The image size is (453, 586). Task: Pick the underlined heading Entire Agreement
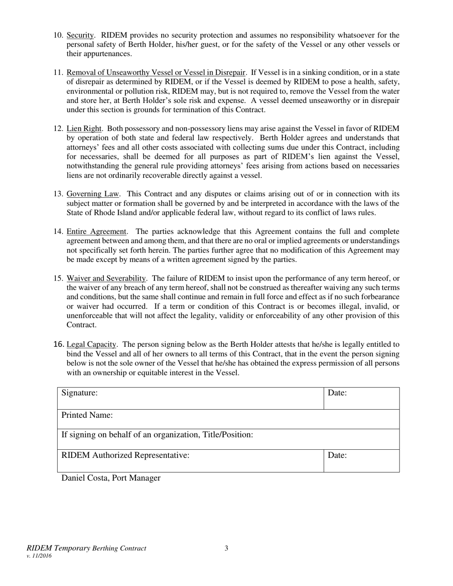pos(96,232)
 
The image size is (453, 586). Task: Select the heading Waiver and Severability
pos(106,278)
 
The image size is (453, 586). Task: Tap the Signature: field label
pos(80,393)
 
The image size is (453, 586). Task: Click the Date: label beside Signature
pos(337,393)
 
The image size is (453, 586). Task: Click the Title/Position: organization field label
pos(157,434)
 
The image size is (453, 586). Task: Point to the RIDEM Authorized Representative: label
pos(126,455)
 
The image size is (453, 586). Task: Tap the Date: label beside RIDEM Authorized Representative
pos(337,455)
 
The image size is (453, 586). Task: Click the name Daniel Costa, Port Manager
pos(111,478)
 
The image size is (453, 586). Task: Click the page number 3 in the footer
pos(226,548)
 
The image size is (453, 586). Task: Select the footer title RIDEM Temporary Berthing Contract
pos(86,548)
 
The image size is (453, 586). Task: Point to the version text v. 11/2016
pos(39,556)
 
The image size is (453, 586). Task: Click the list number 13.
pos(58,194)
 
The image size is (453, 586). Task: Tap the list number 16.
pos(58,344)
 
